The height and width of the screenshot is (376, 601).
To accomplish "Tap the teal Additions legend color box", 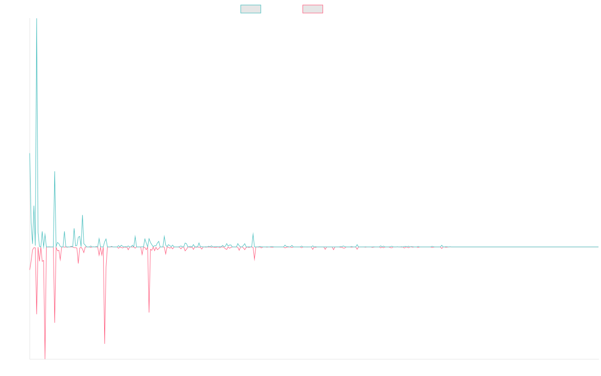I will pos(251,9).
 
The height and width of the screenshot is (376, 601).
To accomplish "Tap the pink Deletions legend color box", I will pos(313,9).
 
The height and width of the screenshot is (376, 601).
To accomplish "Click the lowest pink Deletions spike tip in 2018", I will pos(45,358).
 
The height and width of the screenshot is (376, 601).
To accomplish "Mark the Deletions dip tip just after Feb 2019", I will pos(105,343).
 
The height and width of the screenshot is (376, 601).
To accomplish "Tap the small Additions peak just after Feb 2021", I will pos(253,232).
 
